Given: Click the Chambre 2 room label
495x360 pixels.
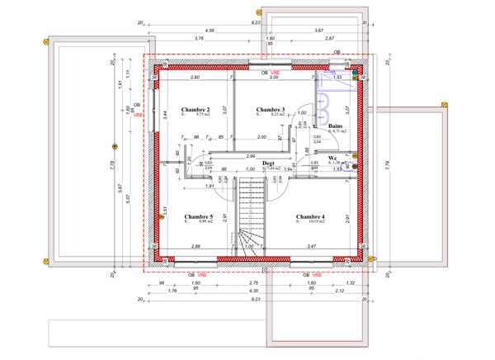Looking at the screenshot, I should coord(196,109).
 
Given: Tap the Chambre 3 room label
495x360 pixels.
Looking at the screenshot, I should coord(270,109).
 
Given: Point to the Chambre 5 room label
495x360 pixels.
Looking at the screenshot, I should coord(199,216).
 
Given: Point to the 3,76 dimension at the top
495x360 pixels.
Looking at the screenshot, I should coord(198,39).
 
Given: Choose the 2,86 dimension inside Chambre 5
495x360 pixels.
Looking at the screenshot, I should coord(196,247).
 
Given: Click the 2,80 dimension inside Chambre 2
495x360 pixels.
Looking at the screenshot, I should coord(196,77).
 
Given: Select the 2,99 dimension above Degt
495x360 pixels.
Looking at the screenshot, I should coord(251,156).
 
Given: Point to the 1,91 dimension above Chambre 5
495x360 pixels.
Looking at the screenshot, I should coord(187,186).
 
